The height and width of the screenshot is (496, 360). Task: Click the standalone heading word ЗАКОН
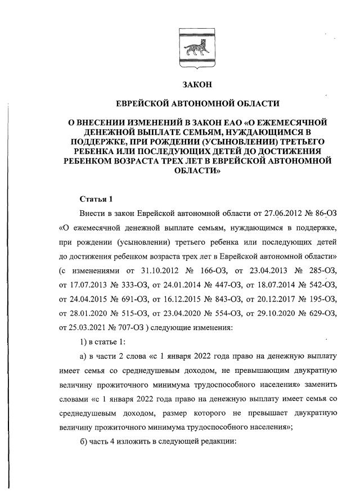click(195, 85)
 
